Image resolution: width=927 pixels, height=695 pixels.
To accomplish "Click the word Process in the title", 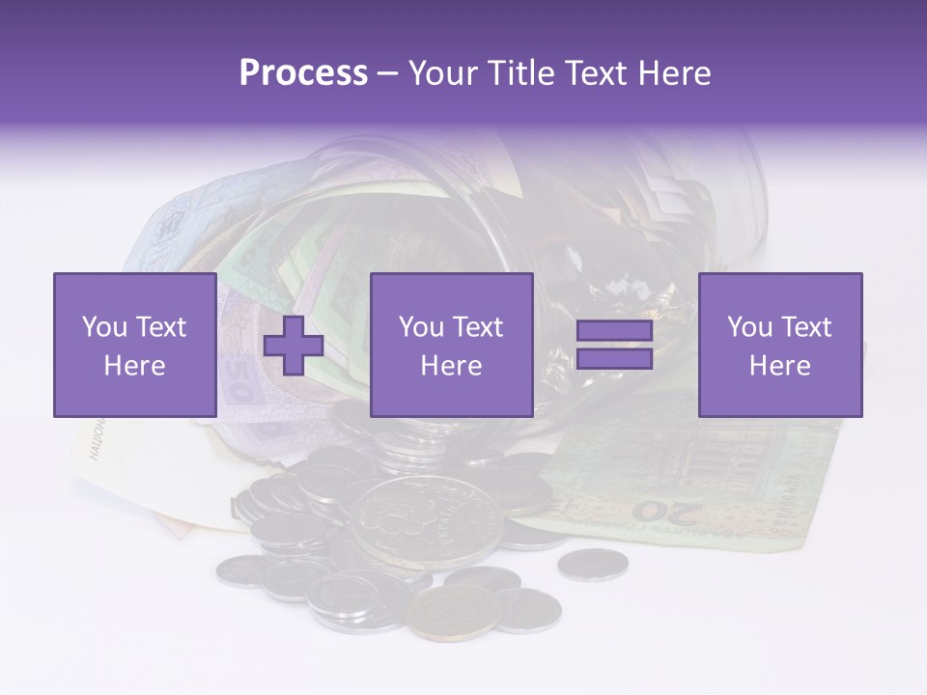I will (x=303, y=73).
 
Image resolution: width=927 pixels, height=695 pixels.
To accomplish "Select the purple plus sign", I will (x=294, y=346).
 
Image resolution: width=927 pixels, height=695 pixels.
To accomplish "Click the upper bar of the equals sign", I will (x=614, y=331).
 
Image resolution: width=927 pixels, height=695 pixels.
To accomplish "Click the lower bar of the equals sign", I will (x=614, y=359).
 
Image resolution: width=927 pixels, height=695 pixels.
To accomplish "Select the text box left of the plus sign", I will (x=134, y=346).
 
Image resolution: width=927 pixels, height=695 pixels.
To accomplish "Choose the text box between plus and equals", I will (x=451, y=346).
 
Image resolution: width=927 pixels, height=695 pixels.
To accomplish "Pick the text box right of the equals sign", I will (x=779, y=346).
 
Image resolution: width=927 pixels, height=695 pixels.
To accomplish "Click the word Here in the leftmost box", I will (x=134, y=366).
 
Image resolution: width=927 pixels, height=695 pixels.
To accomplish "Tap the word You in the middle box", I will (x=421, y=327).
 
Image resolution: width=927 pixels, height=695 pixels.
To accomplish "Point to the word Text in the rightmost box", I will (x=806, y=327).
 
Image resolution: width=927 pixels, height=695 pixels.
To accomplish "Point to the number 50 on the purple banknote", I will (x=238, y=381).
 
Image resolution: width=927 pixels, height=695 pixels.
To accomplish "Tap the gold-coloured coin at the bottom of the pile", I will (x=454, y=611).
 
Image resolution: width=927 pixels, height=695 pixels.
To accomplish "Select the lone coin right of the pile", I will (x=592, y=564).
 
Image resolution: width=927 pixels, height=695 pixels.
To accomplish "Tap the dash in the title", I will (x=387, y=73).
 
